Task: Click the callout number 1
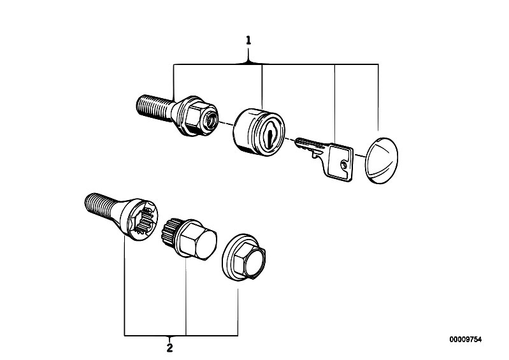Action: coord(248,41)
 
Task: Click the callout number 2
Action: coord(169,349)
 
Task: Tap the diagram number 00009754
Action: coord(466,340)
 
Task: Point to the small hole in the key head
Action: coord(344,165)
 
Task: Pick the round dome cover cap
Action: coord(382,161)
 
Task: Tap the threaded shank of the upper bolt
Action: coord(154,108)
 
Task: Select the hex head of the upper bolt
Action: coord(196,116)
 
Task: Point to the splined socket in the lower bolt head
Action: coord(145,219)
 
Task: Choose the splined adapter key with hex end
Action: coord(189,239)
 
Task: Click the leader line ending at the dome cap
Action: coord(378,97)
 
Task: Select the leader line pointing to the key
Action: coord(334,104)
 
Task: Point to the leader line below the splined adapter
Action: coord(185,296)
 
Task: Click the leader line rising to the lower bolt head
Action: coord(125,286)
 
